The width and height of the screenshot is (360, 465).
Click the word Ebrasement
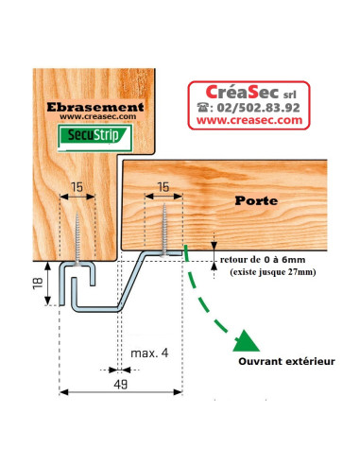(x=96, y=107)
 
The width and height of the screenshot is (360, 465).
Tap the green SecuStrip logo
(x=96, y=139)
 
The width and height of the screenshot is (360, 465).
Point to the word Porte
(x=259, y=202)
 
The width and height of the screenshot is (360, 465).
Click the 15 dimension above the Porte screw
(x=163, y=186)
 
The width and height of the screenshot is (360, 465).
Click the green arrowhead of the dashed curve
(x=248, y=337)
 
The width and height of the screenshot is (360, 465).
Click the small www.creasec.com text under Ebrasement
(x=96, y=119)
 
